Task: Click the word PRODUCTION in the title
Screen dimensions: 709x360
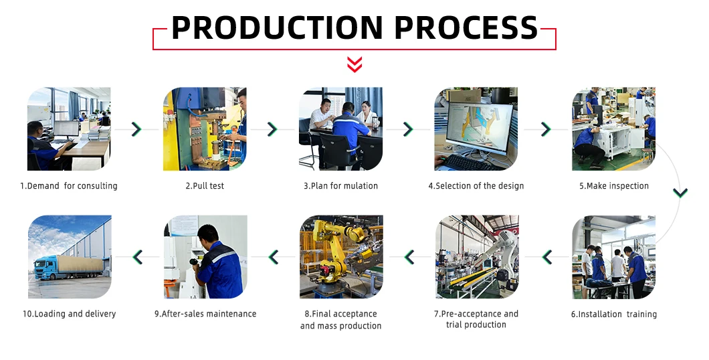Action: point(277,27)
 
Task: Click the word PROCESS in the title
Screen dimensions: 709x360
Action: point(466,27)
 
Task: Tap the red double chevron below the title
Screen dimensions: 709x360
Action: point(354,64)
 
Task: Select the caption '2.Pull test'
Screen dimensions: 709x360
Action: point(205,186)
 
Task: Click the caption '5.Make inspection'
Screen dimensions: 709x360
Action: point(614,186)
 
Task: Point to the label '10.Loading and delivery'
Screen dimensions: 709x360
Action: point(69,314)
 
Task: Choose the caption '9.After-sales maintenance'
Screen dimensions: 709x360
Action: point(205,314)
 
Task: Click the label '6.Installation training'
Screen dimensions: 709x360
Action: point(613,314)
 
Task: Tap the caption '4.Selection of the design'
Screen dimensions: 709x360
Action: point(476,186)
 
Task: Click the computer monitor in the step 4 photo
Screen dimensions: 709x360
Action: point(480,128)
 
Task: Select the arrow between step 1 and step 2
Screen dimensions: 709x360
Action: point(136,129)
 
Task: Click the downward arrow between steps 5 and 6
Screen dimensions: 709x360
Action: point(680,193)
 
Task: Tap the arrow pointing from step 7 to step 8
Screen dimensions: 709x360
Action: point(409,257)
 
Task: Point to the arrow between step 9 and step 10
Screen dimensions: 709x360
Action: point(138,257)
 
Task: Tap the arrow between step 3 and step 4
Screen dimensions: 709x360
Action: point(408,129)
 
